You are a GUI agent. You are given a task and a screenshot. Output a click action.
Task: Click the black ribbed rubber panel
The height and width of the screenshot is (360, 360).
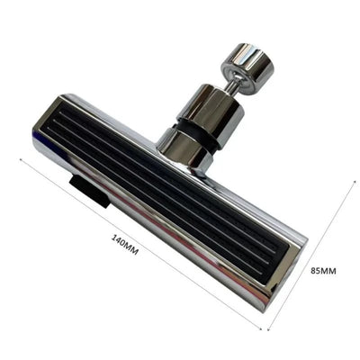point(172,194)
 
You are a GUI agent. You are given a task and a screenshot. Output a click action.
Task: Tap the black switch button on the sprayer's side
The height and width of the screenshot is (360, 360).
point(91,189)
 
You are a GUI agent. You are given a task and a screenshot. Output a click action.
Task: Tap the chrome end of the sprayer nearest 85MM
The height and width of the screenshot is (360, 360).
point(288,270)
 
